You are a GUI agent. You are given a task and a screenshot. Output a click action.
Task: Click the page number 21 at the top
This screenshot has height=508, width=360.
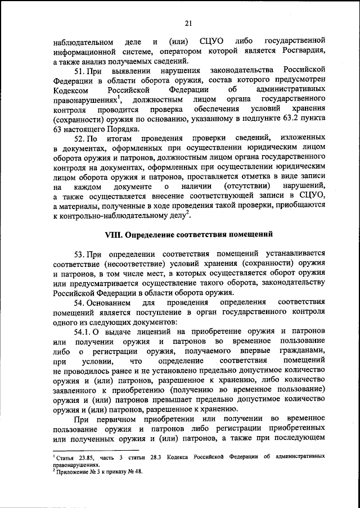[x=188, y=22]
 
